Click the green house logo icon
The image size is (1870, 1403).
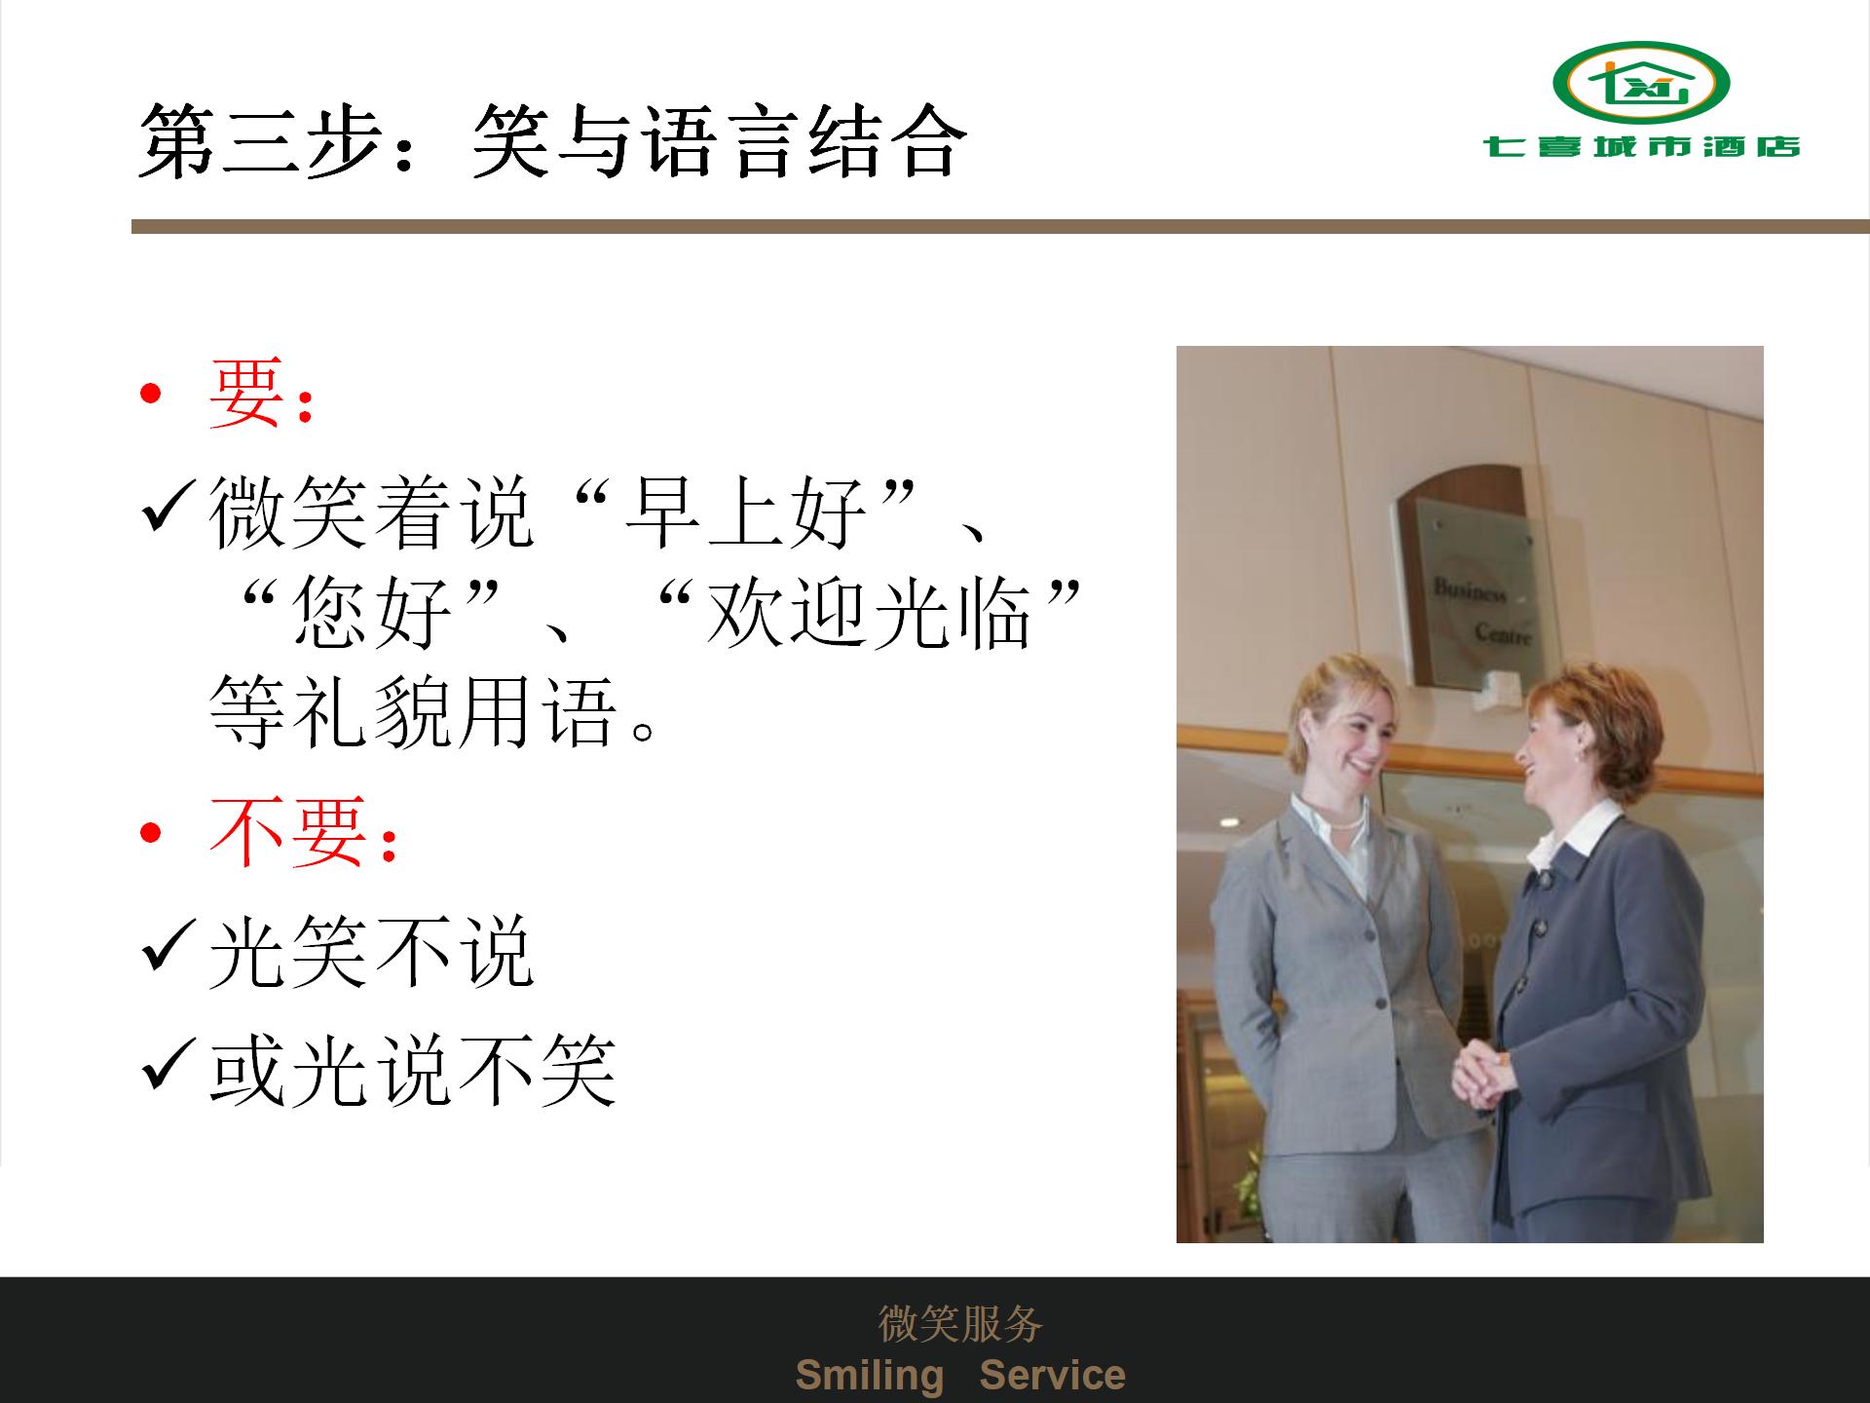click(x=1640, y=83)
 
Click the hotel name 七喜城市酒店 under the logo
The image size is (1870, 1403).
click(x=1642, y=147)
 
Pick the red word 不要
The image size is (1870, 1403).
click(x=288, y=831)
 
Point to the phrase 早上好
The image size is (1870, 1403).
click(x=745, y=512)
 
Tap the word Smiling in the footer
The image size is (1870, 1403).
click(x=870, y=1375)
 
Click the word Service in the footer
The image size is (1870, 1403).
click(x=1052, y=1375)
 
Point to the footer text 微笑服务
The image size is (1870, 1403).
click(x=960, y=1323)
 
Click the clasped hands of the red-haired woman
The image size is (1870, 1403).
click(x=1480, y=1072)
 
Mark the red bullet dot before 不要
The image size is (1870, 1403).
click(x=150, y=833)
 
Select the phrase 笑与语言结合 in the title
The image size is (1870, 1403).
click(x=719, y=141)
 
